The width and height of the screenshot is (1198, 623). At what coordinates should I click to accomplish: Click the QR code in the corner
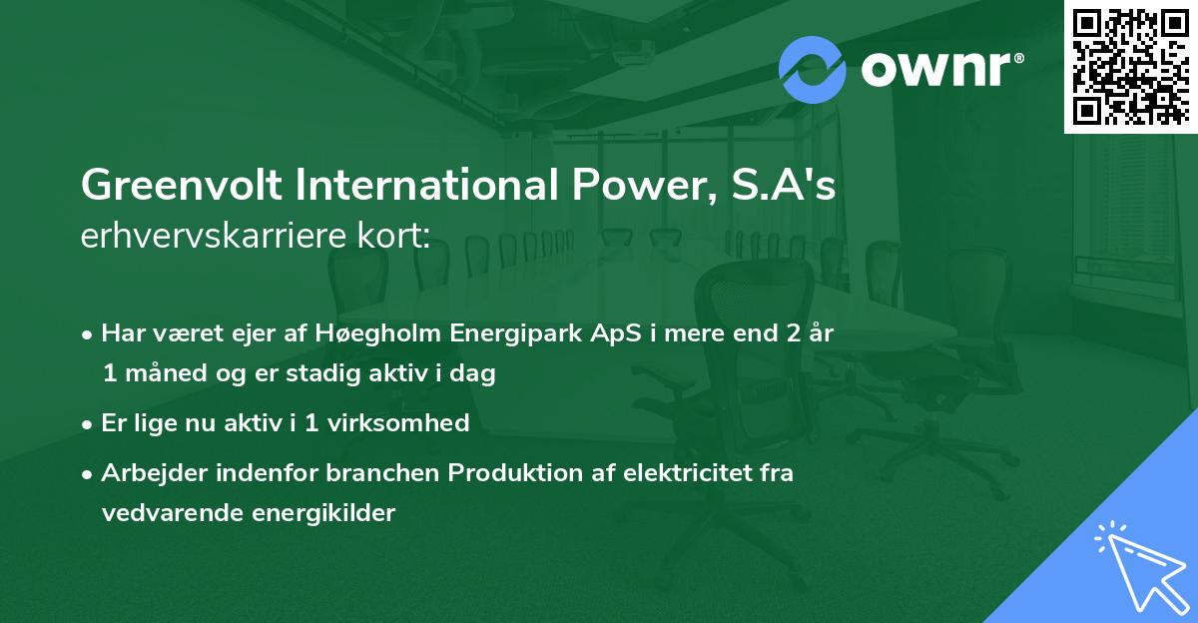1130,66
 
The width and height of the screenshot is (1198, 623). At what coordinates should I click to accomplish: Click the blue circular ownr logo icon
813,69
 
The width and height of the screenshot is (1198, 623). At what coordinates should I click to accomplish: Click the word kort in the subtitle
397,237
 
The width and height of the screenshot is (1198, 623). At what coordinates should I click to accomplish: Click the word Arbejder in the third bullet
145,473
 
